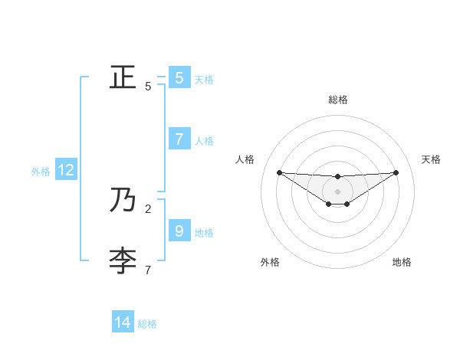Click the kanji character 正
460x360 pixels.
pos(122,77)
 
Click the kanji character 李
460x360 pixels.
pos(122,260)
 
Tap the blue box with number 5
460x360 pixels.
pos(179,77)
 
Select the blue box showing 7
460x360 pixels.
pos(179,139)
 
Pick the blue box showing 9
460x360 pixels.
pos(179,231)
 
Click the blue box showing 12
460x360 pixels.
pos(65,170)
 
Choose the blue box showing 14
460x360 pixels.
pos(123,322)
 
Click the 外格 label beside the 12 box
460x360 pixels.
pos(41,172)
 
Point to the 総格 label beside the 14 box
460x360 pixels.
pos(147,324)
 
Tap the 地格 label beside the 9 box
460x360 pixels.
pos(204,232)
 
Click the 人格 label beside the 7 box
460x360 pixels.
pos(204,141)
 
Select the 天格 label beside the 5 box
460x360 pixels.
pos(204,80)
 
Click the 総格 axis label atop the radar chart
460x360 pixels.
pos(338,100)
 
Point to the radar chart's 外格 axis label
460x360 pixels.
pos(270,262)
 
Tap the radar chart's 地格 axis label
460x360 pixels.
pos(402,262)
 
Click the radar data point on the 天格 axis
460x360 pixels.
pos(396,172)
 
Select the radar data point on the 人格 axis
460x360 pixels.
pos(279,172)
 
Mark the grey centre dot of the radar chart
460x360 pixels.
pos(338,191)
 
